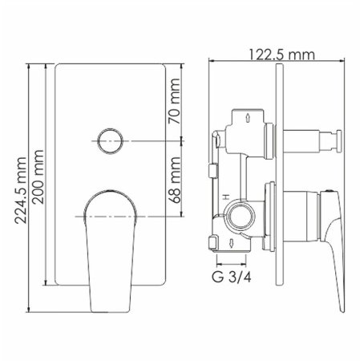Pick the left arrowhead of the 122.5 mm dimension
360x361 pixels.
point(212,61)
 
